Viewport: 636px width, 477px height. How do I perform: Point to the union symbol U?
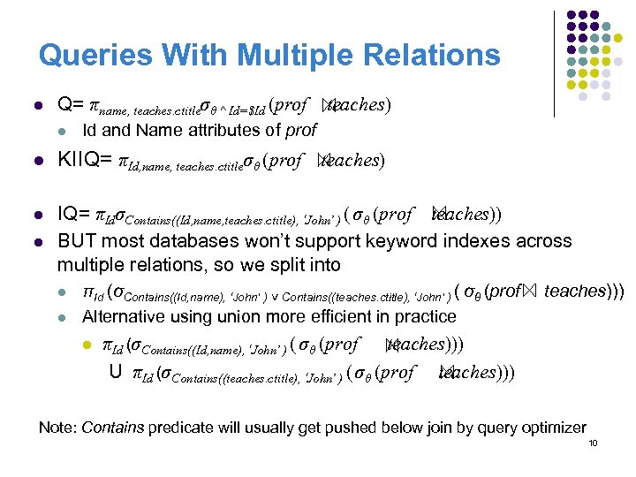(115, 373)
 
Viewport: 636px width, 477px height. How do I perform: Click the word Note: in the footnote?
(57, 428)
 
